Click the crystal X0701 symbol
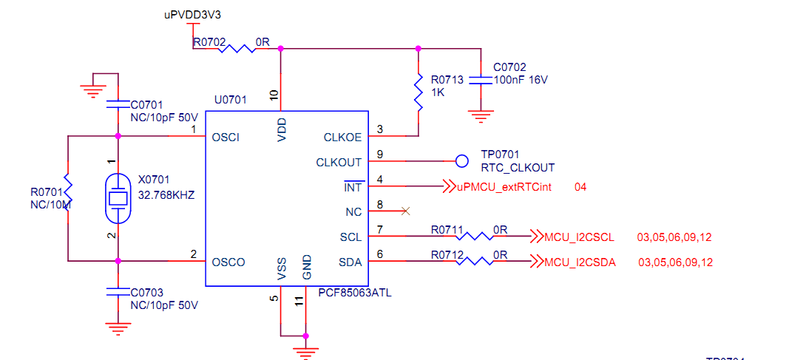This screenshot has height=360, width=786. tap(118, 197)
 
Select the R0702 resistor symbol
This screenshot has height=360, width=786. tap(236, 50)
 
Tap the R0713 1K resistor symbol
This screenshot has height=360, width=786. tap(419, 92)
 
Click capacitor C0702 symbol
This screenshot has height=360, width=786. tap(481, 80)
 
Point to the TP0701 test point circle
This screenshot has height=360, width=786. tap(462, 161)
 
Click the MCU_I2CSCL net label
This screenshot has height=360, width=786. tap(579, 237)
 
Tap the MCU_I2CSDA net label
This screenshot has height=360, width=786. tap(580, 262)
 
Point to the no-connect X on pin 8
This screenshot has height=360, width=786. tap(404, 211)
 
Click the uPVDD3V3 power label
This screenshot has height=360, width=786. tap(192, 15)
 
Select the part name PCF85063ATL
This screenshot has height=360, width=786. tap(354, 293)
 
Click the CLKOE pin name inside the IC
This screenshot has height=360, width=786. tap(343, 137)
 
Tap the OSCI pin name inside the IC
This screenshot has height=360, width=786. tap(225, 137)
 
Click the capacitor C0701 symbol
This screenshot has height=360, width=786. tap(118, 103)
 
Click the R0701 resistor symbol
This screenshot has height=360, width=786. tap(67, 192)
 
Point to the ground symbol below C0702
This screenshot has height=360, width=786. tap(481, 115)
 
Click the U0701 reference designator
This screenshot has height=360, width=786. tap(231, 98)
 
